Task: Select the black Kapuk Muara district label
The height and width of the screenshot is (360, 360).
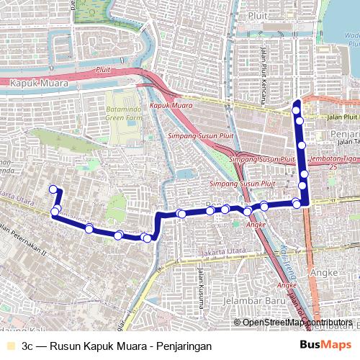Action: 39,84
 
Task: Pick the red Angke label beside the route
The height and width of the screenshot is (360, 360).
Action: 256,225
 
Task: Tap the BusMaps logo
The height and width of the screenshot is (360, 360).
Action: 325,345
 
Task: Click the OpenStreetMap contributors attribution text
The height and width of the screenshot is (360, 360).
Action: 297,323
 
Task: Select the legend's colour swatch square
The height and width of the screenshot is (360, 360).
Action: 9,346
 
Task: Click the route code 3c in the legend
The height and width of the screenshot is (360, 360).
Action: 27,346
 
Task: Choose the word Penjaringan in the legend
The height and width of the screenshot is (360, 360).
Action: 184,346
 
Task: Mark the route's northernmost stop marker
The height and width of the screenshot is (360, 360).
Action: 297,109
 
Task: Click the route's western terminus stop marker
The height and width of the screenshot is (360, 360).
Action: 53,189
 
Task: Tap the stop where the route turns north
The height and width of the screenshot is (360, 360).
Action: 297,204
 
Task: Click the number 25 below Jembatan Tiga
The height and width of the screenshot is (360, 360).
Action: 333,167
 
